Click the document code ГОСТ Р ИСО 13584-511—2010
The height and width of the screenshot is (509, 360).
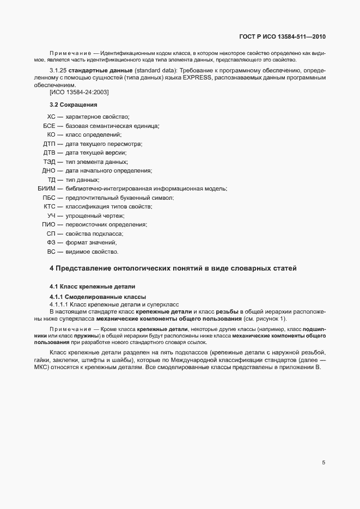click(x=282, y=36)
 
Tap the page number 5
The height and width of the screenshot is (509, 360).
click(x=324, y=463)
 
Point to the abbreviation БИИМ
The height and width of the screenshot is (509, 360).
click(x=46, y=188)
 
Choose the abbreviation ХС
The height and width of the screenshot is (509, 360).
click(x=52, y=117)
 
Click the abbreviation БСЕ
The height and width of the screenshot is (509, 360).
click(x=50, y=126)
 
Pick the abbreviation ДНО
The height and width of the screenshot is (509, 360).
click(x=49, y=170)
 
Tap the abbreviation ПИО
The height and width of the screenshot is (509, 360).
click(x=49, y=224)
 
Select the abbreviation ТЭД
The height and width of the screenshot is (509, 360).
click(x=50, y=162)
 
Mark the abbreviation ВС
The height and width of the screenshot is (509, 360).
click(x=52, y=252)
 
